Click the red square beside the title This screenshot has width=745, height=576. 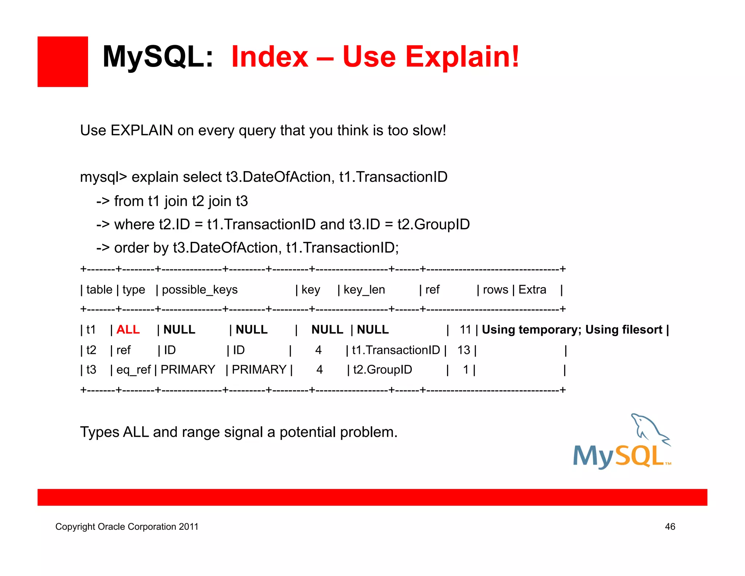pyautogui.click(x=63, y=62)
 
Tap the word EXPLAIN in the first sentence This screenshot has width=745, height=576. pyautogui.click(x=142, y=130)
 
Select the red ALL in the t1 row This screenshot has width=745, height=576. pyautogui.click(x=128, y=330)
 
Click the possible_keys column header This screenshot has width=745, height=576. pyautogui.click(x=199, y=290)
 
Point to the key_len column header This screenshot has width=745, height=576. pyautogui.click(x=364, y=290)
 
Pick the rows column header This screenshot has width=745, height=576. pyautogui.click(x=495, y=290)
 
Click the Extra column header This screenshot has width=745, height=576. pyautogui.click(x=532, y=290)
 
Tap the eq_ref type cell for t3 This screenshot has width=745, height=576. pyautogui.click(x=133, y=370)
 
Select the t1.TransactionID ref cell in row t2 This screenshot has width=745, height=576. pyautogui.click(x=396, y=350)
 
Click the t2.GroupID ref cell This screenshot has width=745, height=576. pyautogui.click(x=382, y=370)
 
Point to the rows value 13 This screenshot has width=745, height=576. pyautogui.click(x=463, y=350)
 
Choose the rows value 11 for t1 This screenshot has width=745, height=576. pyautogui.click(x=465, y=330)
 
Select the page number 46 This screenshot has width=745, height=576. pyautogui.click(x=670, y=526)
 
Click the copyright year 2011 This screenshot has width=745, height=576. pyautogui.click(x=188, y=526)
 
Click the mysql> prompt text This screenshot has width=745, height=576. pyautogui.click(x=103, y=177)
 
